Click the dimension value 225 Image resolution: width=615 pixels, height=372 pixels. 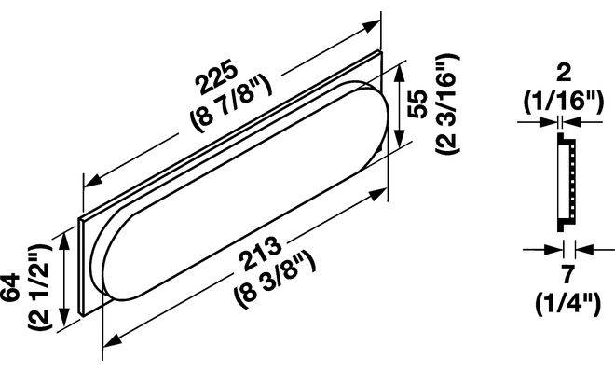pyautogui.click(x=218, y=76)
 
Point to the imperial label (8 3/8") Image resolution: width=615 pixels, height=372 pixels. pyautogui.click(x=275, y=280)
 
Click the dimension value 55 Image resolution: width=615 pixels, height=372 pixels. pyautogui.click(x=417, y=104)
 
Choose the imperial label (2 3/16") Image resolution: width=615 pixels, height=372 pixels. pyautogui.click(x=446, y=104)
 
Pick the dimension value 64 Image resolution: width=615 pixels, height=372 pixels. pyautogui.click(x=9, y=288)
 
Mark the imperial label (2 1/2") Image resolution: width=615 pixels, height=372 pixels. pyautogui.click(x=40, y=287)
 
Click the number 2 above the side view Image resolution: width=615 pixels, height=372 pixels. pyautogui.click(x=564, y=74)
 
